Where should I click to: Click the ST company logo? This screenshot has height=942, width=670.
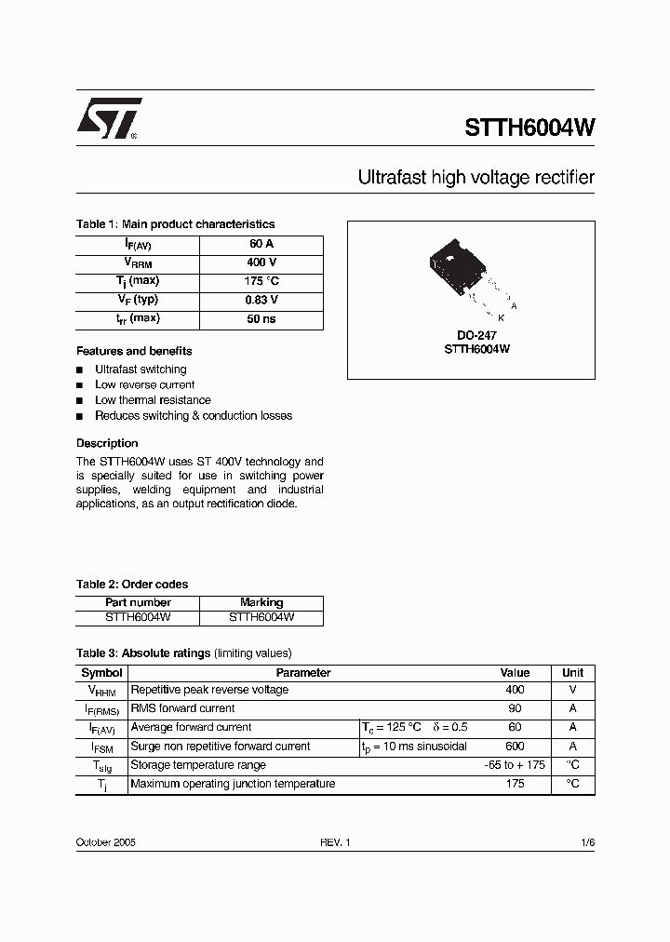coord(108,119)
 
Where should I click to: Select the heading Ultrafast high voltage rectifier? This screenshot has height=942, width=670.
coord(476,177)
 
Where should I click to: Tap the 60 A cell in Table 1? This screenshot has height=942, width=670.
coord(261,244)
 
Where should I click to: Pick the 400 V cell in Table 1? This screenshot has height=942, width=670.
coord(261,262)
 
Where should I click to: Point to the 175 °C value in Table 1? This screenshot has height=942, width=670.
coord(261,281)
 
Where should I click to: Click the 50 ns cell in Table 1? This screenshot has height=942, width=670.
coord(261,319)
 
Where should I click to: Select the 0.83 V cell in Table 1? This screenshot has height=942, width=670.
coord(261,301)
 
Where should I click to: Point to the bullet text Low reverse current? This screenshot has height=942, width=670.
coord(144,384)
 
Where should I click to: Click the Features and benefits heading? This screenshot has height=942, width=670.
coord(134,351)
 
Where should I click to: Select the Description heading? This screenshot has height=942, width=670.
coord(107,443)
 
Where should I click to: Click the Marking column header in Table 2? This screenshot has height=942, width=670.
coord(261,602)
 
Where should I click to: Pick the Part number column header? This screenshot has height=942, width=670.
coord(138,602)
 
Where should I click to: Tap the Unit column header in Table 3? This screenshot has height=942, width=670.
coord(573,672)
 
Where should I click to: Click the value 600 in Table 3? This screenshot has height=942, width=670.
coord(515,747)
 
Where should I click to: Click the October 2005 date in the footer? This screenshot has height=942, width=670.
coord(106,841)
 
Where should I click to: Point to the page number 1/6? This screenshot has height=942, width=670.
coord(587,841)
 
